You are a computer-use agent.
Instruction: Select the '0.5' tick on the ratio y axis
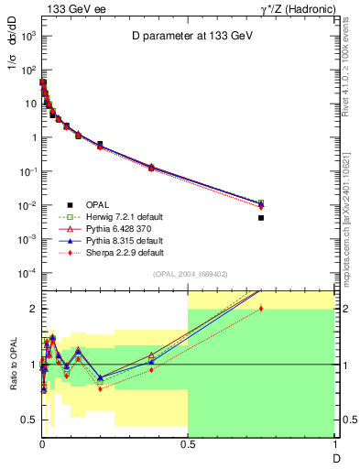[x=29, y=420]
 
